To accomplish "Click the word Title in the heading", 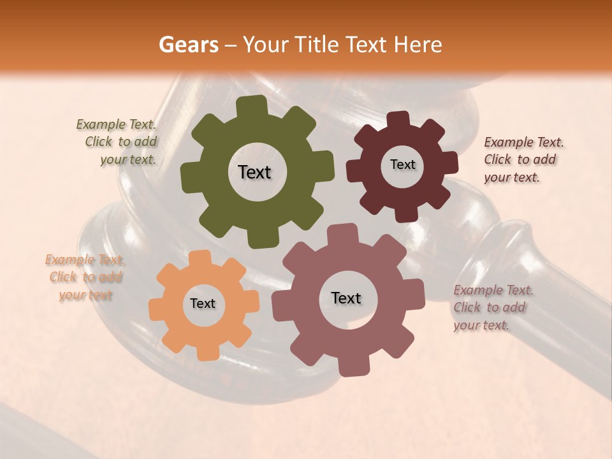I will click(318, 45).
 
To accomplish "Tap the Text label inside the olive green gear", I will click(254, 172).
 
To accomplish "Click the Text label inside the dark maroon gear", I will click(402, 164).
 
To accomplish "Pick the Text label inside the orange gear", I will click(203, 304).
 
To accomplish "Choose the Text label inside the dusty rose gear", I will click(346, 298).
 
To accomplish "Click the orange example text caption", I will click(85, 277).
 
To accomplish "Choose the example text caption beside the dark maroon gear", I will click(523, 160).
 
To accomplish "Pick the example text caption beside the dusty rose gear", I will click(493, 308).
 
